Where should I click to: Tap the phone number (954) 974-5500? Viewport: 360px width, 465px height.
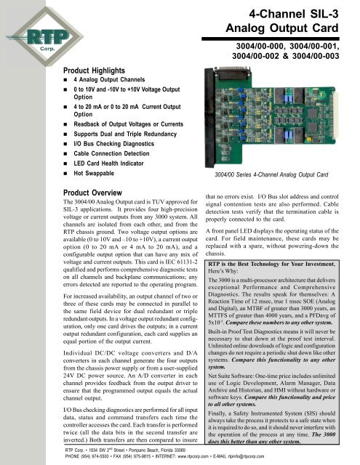73,458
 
